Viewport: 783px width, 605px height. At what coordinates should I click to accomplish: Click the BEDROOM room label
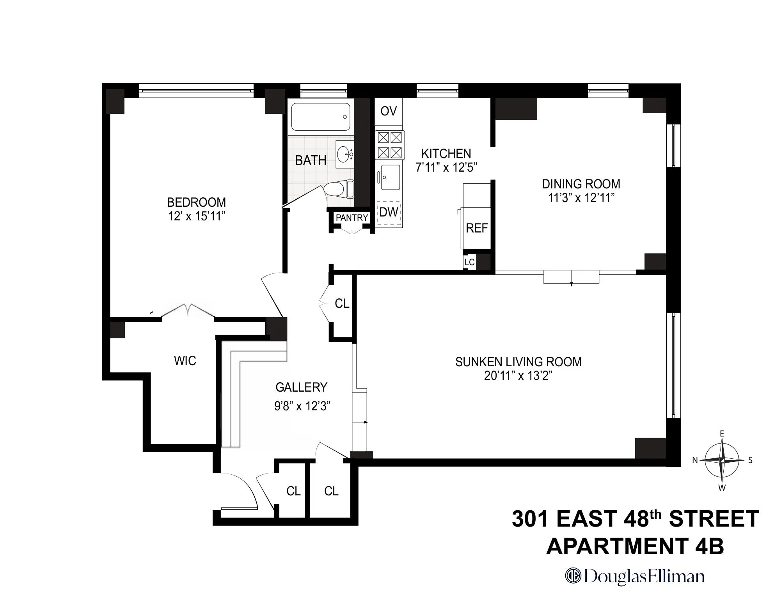[196, 202]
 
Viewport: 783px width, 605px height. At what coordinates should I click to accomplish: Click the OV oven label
[389, 111]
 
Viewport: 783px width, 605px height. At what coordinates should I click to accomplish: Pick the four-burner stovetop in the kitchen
[389, 145]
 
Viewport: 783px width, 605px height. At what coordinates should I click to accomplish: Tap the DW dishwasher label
[389, 212]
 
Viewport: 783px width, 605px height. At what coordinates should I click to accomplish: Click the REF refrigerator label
[477, 228]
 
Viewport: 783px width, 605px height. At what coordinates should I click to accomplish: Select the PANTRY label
[352, 218]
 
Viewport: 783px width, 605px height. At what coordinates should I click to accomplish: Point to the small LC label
[469, 262]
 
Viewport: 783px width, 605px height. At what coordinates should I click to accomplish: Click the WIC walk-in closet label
[185, 361]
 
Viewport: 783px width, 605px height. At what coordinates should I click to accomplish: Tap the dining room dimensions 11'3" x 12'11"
[581, 198]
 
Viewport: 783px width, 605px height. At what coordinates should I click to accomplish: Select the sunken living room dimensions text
[518, 376]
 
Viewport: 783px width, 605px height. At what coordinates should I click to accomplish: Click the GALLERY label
[301, 387]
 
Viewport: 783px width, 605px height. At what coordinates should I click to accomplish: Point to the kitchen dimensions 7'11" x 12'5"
[447, 168]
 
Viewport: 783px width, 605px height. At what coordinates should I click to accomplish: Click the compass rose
[722, 460]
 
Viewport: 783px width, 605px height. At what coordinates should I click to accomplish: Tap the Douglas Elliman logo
[635, 577]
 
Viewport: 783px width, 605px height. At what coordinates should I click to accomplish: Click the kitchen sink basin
[390, 177]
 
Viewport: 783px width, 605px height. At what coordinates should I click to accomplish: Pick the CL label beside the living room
[342, 303]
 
